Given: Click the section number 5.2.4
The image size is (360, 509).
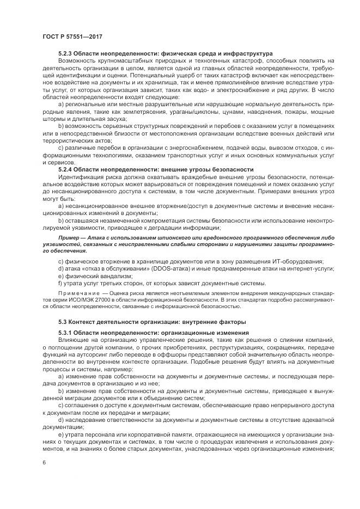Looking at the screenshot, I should [x=65, y=169].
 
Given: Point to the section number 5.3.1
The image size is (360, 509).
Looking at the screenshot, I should [x=65, y=332].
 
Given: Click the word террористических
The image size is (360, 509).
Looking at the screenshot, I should [x=70, y=140].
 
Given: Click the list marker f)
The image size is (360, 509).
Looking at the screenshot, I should [x=60, y=283].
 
